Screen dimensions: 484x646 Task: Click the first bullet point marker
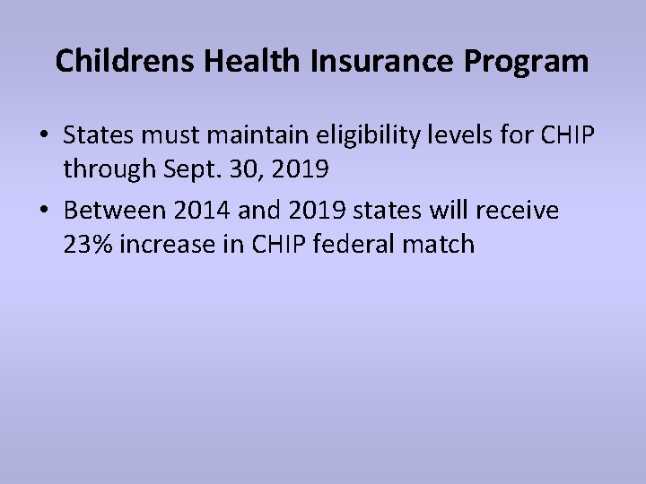[44, 135]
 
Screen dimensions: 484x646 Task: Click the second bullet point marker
[44, 212]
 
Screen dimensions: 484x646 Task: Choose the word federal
[350, 243]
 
